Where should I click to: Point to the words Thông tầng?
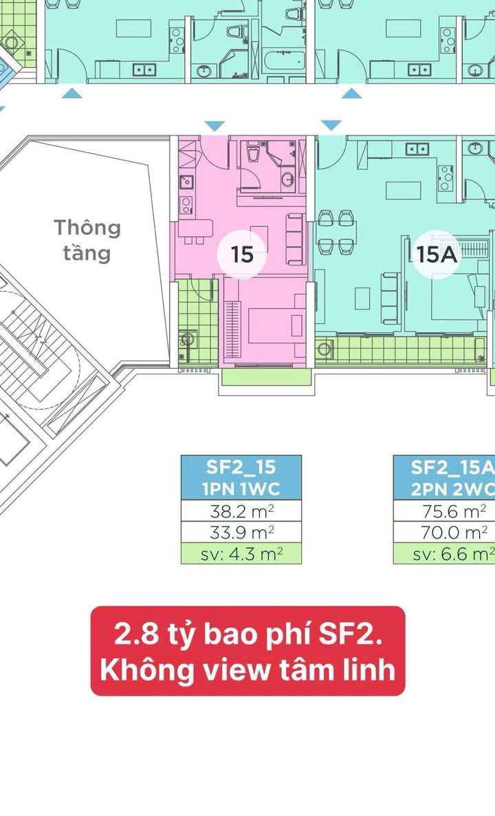point(87,239)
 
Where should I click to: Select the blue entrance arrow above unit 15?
point(215,126)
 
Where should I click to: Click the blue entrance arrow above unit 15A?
point(331,125)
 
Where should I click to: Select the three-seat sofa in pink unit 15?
point(295,239)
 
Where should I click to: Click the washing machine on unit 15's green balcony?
point(186,339)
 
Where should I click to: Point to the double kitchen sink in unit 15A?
point(417,149)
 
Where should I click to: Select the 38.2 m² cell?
point(241,511)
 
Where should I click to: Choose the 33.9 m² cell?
point(241,533)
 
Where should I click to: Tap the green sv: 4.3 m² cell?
point(241,554)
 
